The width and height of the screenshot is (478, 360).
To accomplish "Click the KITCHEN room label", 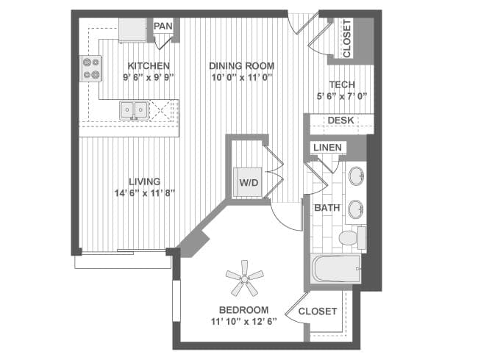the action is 149,66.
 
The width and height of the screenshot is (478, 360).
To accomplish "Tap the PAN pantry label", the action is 163,26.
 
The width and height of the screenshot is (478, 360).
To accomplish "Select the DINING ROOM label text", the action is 242,66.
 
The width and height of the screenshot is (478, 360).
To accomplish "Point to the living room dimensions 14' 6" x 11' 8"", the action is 144,193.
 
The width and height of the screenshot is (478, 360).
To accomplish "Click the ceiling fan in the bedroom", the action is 244,278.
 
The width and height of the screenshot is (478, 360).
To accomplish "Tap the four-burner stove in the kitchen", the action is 91,68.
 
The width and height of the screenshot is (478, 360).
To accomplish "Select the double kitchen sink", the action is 134,110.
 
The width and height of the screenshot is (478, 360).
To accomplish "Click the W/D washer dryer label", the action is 249,183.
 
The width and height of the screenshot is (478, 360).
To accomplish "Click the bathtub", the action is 336,269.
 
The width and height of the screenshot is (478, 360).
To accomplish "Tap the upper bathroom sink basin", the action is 357,176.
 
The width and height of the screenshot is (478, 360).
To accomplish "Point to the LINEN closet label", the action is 328,148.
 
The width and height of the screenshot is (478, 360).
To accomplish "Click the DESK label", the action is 340,120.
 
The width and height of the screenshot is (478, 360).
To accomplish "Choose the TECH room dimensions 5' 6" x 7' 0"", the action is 342,96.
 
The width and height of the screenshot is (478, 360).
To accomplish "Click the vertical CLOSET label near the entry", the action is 347,39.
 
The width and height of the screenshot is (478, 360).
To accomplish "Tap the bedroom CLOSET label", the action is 318,312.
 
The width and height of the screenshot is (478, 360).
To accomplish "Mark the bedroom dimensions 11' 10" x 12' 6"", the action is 244,322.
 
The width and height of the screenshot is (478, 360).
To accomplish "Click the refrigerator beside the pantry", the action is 132,29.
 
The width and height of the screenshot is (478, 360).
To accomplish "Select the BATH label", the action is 327,208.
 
